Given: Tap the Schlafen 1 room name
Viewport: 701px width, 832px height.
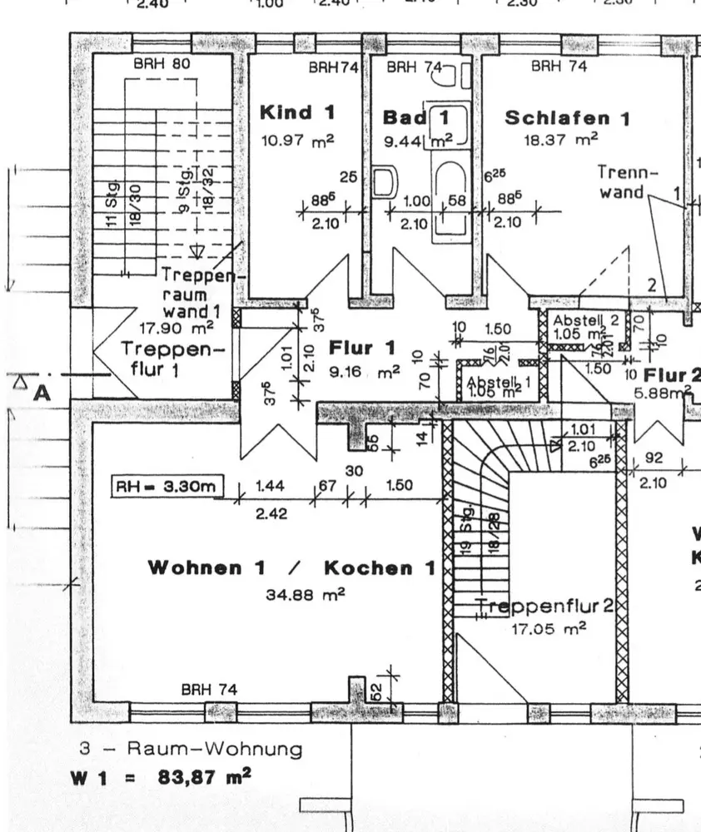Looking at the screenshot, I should (x=567, y=118).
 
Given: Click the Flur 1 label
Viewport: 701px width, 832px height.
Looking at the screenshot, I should (x=362, y=347).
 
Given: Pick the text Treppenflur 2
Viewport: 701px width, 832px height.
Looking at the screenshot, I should (x=546, y=607).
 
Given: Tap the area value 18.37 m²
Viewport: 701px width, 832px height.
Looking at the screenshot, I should (x=560, y=141).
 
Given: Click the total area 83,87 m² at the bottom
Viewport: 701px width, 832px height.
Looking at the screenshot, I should (x=205, y=778).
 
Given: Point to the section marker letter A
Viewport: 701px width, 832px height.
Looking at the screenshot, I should (x=41, y=393).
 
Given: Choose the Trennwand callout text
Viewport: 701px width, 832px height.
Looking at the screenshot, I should (x=627, y=182).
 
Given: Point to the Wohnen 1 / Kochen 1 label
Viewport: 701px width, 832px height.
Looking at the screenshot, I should (x=291, y=568).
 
